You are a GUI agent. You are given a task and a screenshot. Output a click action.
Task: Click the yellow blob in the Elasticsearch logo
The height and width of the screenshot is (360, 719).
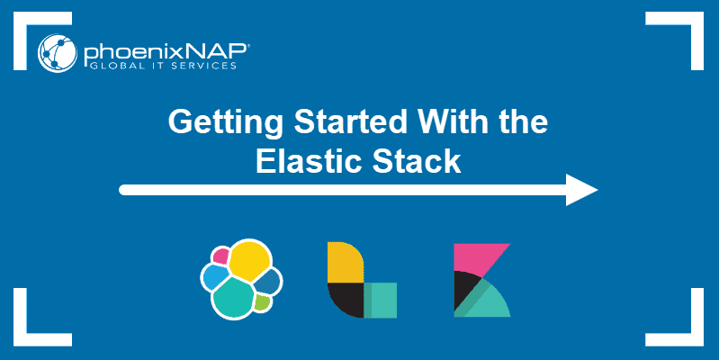pyautogui.click(x=249, y=261)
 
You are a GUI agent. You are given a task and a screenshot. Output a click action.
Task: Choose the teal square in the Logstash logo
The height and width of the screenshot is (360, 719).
pyautogui.click(x=382, y=299)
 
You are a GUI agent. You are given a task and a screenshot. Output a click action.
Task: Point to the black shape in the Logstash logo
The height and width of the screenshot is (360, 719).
pyautogui.click(x=343, y=300)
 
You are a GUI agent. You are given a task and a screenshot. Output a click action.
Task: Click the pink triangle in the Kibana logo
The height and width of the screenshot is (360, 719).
pyautogui.click(x=475, y=257)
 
